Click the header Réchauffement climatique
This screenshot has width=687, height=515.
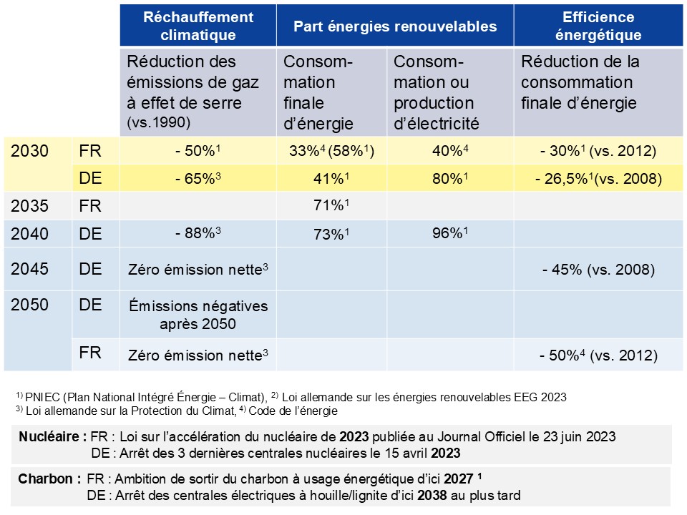point(198,26)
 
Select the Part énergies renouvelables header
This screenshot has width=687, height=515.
point(395,26)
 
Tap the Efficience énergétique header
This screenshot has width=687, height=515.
point(598,26)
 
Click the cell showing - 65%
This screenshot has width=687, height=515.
point(198,178)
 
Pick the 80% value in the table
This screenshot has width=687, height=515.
point(449,178)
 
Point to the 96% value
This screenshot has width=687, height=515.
point(449,232)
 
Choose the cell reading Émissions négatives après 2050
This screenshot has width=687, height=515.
point(198,314)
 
